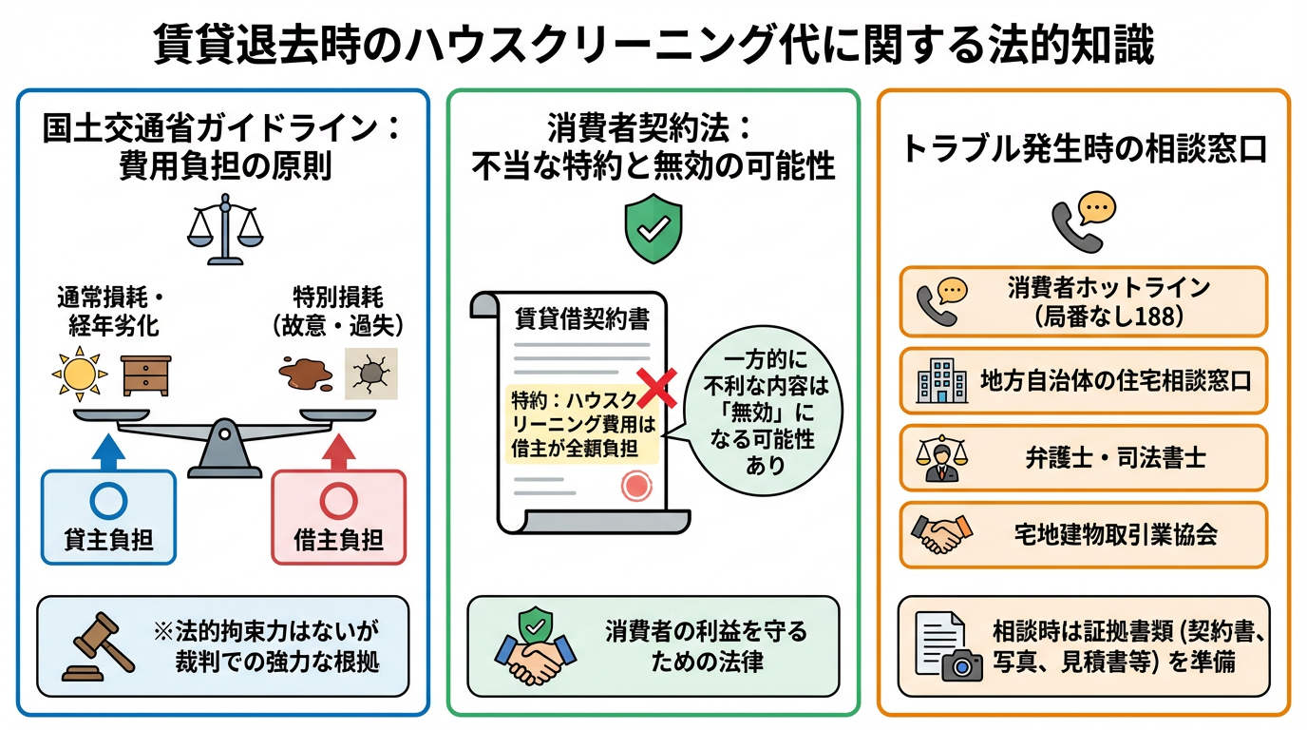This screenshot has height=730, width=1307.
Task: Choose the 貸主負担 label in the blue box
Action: (x=109, y=541)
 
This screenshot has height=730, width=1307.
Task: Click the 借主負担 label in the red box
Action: (x=339, y=541)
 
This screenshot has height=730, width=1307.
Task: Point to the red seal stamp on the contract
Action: (x=636, y=486)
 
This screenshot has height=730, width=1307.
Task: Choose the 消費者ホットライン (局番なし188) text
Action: (x=1108, y=301)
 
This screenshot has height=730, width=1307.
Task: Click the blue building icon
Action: (x=941, y=380)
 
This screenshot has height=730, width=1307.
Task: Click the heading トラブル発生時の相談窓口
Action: (x=1084, y=150)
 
